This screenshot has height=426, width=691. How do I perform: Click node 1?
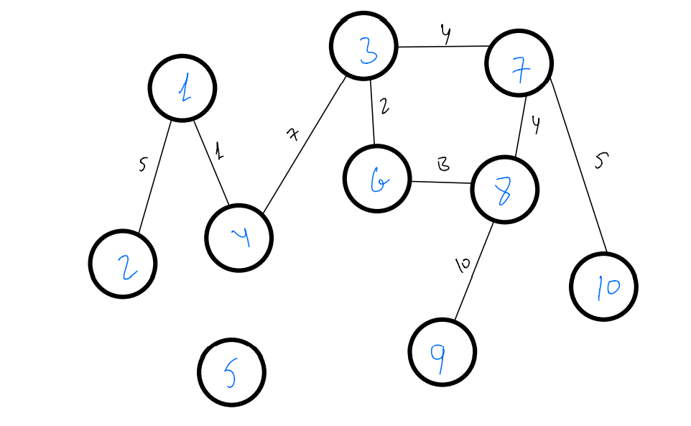pyautogui.click(x=182, y=88)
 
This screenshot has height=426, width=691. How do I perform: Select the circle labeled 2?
pyautogui.click(x=123, y=264)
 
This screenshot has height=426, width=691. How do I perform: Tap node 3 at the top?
pyautogui.click(x=363, y=46)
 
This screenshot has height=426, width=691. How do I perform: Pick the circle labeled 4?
pyautogui.click(x=238, y=238)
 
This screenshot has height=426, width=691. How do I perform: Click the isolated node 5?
pyautogui.click(x=231, y=373)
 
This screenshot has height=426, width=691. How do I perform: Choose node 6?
pyautogui.click(x=377, y=180)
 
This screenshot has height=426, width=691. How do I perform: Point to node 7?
pyautogui.click(x=519, y=63)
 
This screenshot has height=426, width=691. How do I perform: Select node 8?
pyautogui.click(x=505, y=190)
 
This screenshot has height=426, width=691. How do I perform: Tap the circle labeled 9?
pyautogui.click(x=442, y=352)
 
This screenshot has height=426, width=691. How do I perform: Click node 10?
pyautogui.click(x=603, y=287)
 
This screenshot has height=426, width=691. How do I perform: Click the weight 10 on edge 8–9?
pyautogui.click(x=462, y=265)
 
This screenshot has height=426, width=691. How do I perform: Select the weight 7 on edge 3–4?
pyautogui.click(x=292, y=134)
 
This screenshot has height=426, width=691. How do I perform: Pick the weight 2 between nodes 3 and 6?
pyautogui.click(x=384, y=107)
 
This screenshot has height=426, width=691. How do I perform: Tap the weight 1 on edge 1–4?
pyautogui.click(x=220, y=152)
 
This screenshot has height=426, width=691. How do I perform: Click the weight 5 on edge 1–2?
pyautogui.click(x=142, y=165)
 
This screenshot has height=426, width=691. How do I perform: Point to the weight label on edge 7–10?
pyautogui.click(x=600, y=161)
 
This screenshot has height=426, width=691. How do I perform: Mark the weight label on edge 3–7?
pyautogui.click(x=445, y=34)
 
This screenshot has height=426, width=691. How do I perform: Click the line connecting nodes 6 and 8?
pyautogui.click(x=440, y=182)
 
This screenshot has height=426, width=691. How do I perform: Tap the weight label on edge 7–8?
pyautogui.click(x=535, y=125)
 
